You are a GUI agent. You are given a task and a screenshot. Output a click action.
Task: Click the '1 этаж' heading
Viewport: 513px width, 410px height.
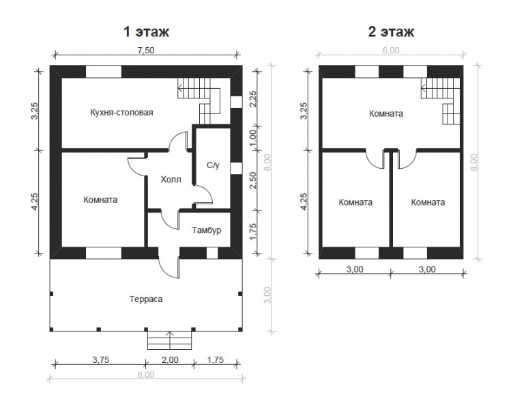pyautogui.click(x=146, y=32)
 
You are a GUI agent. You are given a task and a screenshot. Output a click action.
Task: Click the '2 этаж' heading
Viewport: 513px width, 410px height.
pyautogui.click(x=391, y=32)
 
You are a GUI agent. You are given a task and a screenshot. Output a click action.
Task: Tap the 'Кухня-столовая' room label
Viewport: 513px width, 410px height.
pyautogui.click(x=121, y=113)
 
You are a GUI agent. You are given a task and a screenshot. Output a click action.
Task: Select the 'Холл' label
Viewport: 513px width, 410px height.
pyautogui.click(x=171, y=180)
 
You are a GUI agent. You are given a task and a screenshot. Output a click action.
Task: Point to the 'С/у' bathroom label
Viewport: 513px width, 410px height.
pyautogui.click(x=213, y=165)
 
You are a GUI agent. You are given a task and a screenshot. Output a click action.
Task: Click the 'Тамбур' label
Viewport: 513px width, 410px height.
pyautogui.click(x=207, y=230)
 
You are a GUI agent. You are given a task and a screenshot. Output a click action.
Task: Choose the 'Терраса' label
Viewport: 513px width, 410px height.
pyautogui.click(x=146, y=299)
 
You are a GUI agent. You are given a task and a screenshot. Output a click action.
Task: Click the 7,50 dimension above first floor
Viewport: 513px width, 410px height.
pyautogui.click(x=145, y=51)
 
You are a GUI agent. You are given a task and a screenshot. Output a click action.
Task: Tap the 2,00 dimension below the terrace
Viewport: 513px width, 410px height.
pyautogui.click(x=171, y=360)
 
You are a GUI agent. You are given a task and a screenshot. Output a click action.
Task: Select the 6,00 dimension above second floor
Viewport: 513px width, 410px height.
pyautogui.click(x=391, y=51)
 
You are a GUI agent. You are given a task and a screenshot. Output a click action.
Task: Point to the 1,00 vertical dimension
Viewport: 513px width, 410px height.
pyautogui.click(x=252, y=138)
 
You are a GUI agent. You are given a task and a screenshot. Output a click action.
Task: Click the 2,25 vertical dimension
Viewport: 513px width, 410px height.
pyautogui.click(x=253, y=98)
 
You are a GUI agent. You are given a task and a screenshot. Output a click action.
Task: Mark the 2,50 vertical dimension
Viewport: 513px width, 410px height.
pyautogui.click(x=253, y=180)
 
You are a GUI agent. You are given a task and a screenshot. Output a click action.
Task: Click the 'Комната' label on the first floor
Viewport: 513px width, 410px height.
pyautogui.click(x=100, y=200)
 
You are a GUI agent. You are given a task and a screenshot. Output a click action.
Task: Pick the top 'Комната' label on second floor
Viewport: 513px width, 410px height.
pyautogui.click(x=386, y=113)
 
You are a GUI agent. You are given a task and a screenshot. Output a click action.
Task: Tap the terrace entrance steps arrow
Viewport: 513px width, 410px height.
pyautogui.click(x=169, y=340)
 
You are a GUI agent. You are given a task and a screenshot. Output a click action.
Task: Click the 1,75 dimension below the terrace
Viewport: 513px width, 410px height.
pyautogui.click(x=216, y=360)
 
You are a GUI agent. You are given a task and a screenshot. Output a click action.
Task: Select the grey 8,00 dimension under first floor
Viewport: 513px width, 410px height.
pyautogui.click(x=145, y=374)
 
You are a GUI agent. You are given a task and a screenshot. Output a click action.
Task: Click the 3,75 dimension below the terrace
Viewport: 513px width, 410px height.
pyautogui.click(x=100, y=360)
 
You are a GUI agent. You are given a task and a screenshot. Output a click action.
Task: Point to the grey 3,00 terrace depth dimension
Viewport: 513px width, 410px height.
pyautogui.click(x=267, y=295)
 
